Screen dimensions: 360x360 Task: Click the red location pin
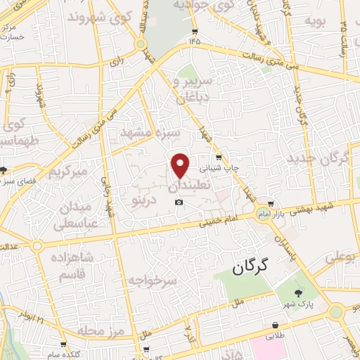coord(181,165)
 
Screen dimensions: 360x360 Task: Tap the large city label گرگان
coord(251,266)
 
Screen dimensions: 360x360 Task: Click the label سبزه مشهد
coord(150,133)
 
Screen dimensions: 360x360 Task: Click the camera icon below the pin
coord(179,203)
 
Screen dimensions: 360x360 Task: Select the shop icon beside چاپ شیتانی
coord(219,157)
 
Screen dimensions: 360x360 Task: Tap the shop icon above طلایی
coord(275,326)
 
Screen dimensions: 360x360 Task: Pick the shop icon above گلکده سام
coord(64,344)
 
